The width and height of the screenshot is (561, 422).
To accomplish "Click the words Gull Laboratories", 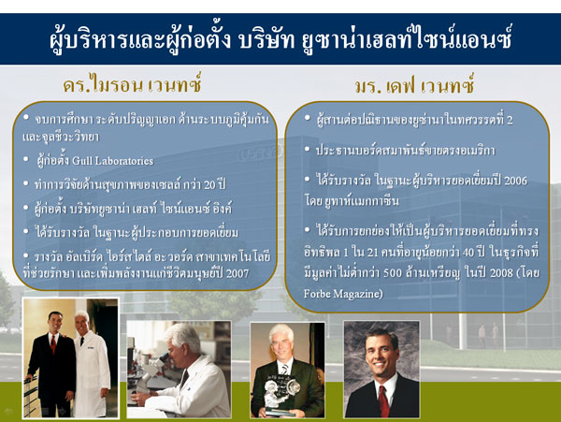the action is tap(113, 161).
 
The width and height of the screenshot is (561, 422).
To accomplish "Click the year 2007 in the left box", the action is tap(237, 274).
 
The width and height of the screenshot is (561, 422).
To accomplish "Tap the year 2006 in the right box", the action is tap(515, 181).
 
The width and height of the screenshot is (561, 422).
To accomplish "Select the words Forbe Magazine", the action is tap(343, 294).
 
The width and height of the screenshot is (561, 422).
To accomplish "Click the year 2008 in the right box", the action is tap(501, 273).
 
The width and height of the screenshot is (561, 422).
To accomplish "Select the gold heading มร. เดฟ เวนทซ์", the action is tap(415, 86).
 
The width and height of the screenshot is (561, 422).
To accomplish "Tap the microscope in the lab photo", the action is tap(149, 372).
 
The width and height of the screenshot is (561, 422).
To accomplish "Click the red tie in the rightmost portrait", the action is tap(383, 401).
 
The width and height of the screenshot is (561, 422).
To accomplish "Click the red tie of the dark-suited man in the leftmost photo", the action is tap(53, 344).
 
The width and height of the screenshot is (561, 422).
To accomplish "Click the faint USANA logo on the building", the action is tap(260, 153).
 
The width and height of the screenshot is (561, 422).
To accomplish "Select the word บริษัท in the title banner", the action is tap(266, 40).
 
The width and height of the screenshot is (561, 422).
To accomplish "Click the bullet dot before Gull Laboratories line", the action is tap(26, 159).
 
